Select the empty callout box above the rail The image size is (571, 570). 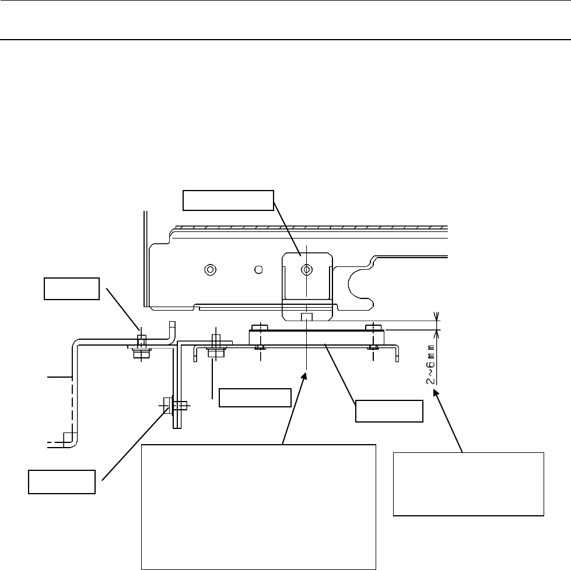coord(228,200)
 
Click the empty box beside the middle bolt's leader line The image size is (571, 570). coord(254,397)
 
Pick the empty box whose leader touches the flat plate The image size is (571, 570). coord(389,410)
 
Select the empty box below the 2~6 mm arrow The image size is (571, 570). coord(468,483)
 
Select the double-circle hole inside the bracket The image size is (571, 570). coord(306,269)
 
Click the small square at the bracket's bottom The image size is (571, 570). coord(306,316)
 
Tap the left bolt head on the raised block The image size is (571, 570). coord(256,327)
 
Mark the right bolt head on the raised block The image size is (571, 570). coord(370,327)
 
